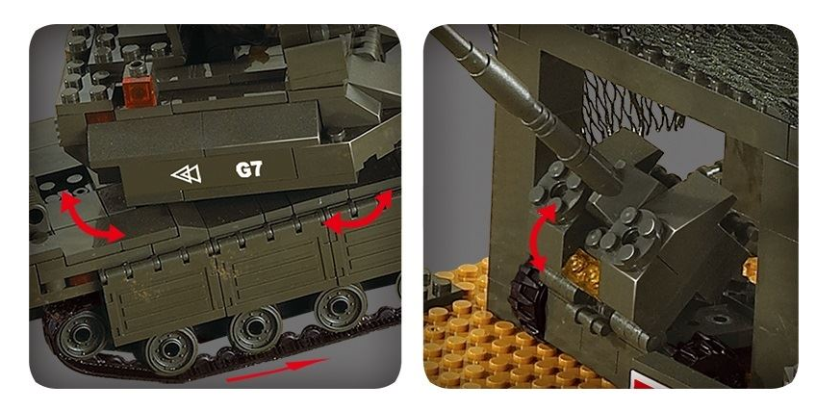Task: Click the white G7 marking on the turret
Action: point(249,169)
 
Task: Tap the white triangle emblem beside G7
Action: point(187,174)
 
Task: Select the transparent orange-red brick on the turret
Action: point(140,91)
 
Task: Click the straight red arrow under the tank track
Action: point(276,370)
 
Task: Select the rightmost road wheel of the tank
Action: point(340,308)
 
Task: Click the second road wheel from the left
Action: point(170,351)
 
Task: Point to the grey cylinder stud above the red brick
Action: point(138,68)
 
